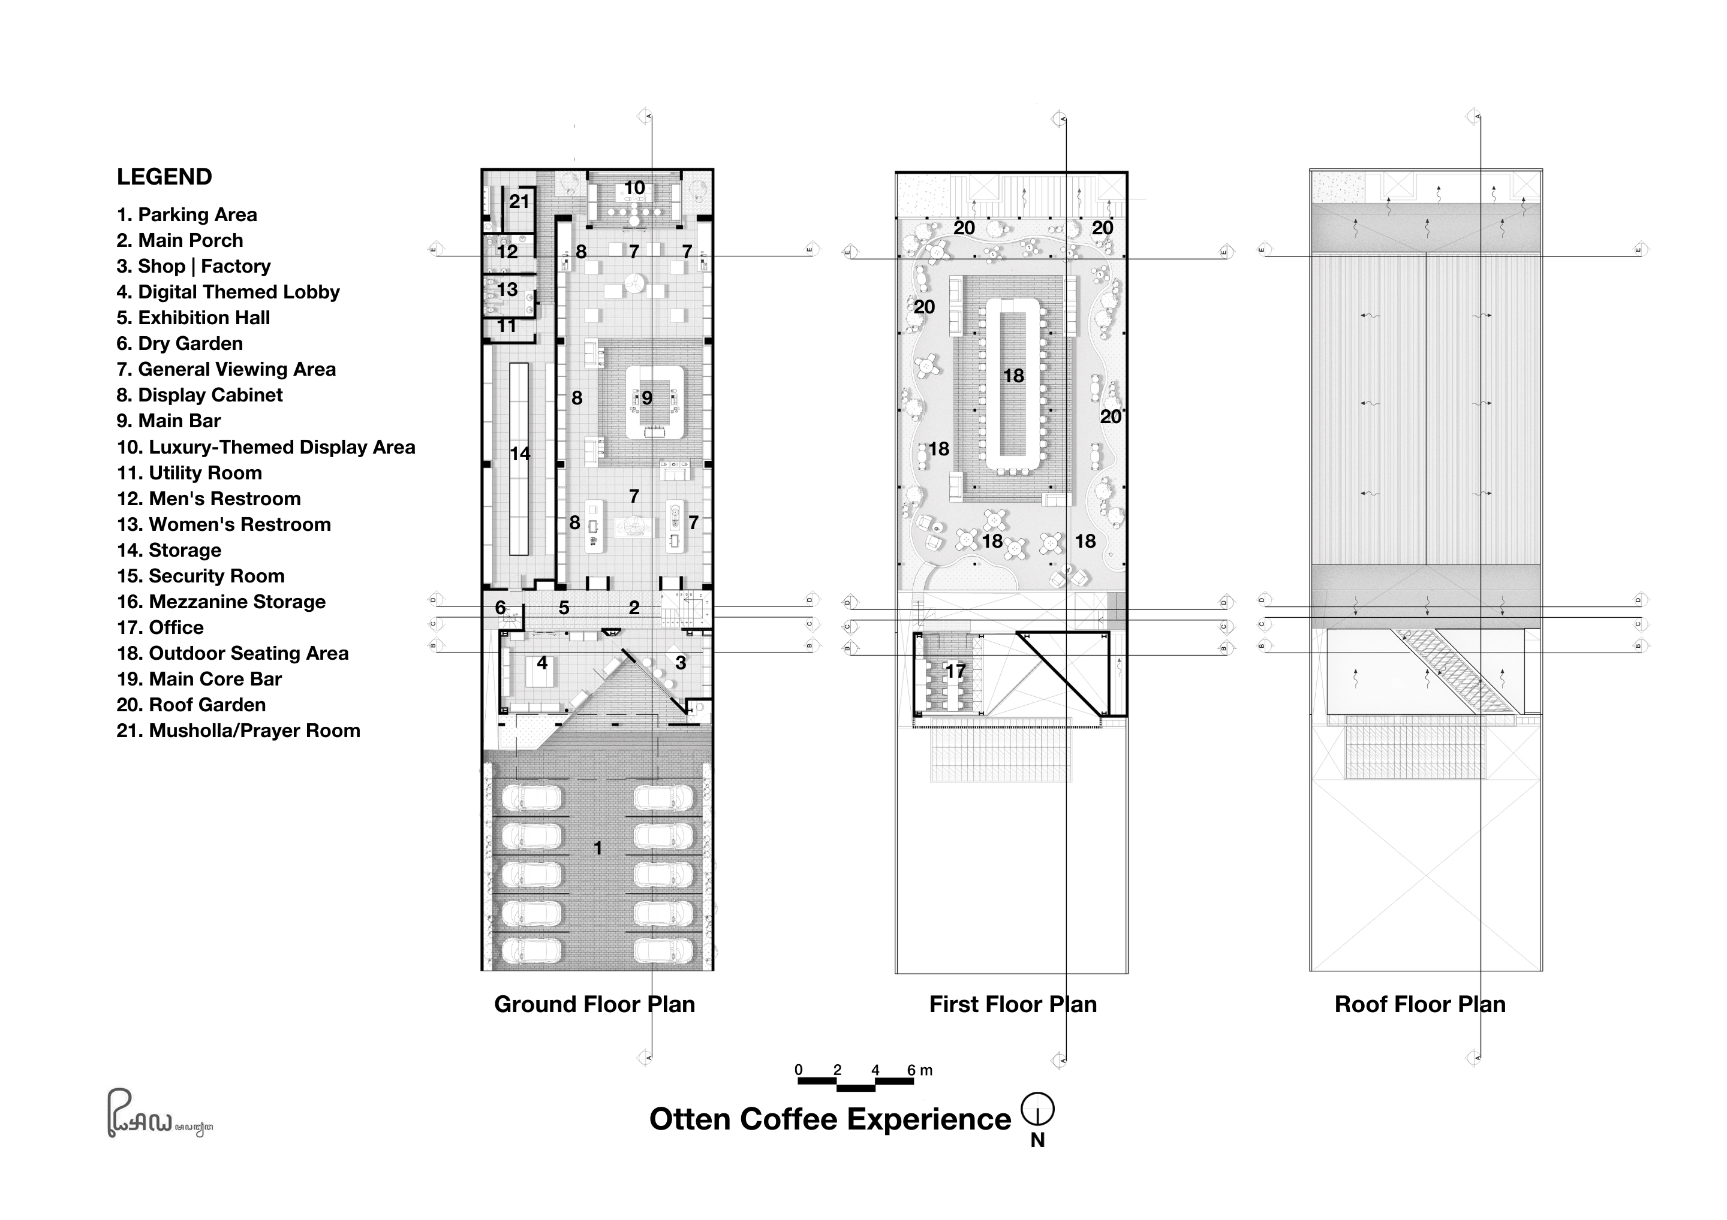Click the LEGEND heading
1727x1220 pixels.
(164, 177)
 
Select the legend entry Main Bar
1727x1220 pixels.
(169, 421)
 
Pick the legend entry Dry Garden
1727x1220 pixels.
(179, 343)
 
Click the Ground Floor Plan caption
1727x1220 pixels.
(594, 1004)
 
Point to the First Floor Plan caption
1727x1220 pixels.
(1012, 1004)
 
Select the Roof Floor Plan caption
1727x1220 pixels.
(1419, 1004)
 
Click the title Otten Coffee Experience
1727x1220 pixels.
(830, 1119)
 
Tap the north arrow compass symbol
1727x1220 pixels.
(1037, 1109)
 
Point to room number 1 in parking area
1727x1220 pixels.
(598, 848)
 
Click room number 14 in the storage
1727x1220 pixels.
(520, 453)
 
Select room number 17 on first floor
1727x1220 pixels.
(955, 671)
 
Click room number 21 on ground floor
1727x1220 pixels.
(519, 201)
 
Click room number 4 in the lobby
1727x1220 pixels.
(541, 663)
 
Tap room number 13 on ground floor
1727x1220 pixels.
(507, 289)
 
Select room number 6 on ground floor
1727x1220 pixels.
(500, 608)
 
